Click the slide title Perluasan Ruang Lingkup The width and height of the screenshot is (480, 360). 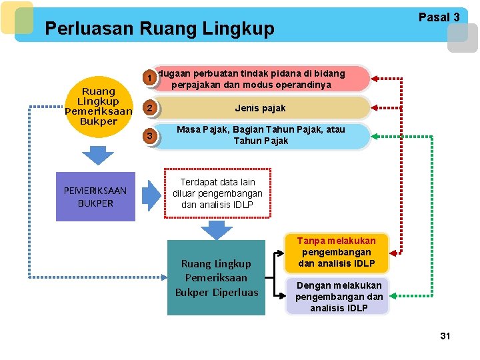click(159, 29)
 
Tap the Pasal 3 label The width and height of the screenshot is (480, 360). click(439, 17)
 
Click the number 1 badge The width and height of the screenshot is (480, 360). click(152, 79)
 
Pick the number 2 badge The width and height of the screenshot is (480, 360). click(152, 108)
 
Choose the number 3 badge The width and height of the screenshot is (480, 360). click(152, 137)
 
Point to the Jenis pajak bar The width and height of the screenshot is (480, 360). click(260, 108)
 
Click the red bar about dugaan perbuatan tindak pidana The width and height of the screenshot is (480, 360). click(260, 79)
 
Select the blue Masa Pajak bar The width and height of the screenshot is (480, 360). click(260, 136)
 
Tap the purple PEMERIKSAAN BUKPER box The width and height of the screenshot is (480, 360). click(95, 197)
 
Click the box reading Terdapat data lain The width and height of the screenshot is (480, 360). click(217, 193)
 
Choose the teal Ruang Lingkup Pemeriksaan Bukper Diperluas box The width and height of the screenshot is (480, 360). click(216, 277)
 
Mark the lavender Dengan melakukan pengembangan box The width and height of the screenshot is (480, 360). click(339, 296)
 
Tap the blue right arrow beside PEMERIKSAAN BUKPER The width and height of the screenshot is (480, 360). click(153, 195)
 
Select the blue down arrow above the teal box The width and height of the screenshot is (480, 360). click(216, 230)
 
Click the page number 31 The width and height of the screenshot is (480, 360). click(445, 336)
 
